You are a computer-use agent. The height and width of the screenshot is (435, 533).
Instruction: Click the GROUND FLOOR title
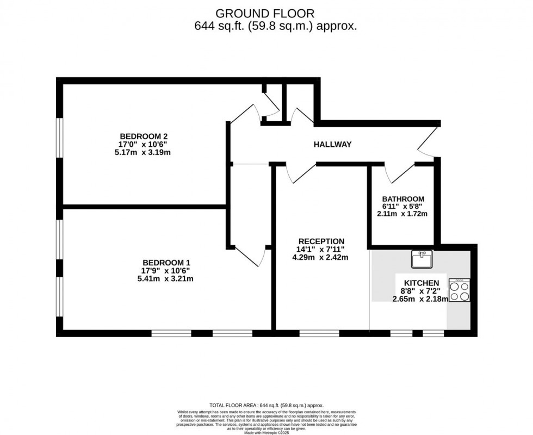(x=265, y=13)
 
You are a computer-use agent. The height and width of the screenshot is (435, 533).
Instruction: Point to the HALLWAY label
(x=332, y=145)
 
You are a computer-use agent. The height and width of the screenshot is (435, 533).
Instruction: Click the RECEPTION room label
(x=321, y=241)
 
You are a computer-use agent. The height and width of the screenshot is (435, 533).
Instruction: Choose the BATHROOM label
(x=403, y=199)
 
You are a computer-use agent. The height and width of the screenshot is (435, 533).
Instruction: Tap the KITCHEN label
(x=421, y=283)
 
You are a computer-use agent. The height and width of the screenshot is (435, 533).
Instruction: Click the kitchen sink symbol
(x=422, y=259)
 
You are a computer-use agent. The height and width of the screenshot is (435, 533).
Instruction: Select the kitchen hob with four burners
(x=460, y=291)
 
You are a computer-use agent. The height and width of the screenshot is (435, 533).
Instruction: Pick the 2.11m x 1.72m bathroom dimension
(x=403, y=214)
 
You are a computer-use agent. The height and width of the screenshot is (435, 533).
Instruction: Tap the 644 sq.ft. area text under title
(x=276, y=26)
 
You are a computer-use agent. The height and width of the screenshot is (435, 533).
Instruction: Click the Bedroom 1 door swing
(x=251, y=256)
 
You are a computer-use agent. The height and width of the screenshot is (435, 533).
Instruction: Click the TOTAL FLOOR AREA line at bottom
(x=266, y=405)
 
